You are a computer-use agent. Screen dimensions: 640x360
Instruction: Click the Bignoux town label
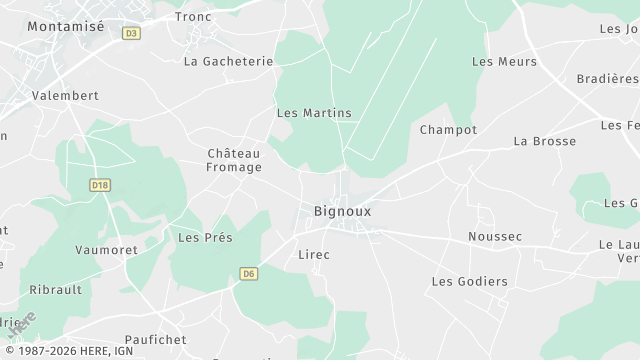[343, 211]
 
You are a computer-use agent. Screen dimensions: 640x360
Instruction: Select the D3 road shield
[130, 33]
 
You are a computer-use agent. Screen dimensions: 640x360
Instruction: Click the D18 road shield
[98, 185]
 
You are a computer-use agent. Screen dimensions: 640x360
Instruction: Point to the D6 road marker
[249, 272]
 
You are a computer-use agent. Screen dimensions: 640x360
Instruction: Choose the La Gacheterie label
[228, 61]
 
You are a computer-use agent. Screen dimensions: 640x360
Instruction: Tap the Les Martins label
[314, 113]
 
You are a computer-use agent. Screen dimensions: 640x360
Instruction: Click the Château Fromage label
[233, 160]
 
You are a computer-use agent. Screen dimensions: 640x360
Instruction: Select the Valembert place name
[65, 95]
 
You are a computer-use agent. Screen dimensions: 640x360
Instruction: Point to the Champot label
[448, 130]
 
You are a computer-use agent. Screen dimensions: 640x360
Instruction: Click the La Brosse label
[544, 141]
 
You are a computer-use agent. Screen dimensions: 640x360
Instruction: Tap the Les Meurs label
[504, 62]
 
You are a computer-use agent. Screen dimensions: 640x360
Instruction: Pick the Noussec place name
[495, 237]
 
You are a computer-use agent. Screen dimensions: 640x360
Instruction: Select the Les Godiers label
[469, 282]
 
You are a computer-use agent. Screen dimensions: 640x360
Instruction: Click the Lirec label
[314, 255]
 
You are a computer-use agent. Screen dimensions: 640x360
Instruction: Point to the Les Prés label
[205, 237]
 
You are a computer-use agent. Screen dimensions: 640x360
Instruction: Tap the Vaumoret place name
[106, 249]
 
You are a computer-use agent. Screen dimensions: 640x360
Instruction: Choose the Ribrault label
[57, 289]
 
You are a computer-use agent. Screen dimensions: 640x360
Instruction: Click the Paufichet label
[156, 340]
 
